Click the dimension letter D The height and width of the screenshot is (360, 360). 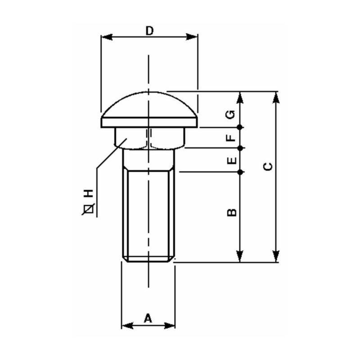tap(149, 31)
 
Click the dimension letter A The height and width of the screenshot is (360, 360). tap(148, 318)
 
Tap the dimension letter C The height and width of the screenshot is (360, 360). tap(268, 166)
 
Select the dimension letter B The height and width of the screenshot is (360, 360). tap(231, 212)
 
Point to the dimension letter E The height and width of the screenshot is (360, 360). tap(231, 160)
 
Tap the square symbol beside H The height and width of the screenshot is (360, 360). tap(89, 208)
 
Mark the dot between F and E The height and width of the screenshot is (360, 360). tap(241, 148)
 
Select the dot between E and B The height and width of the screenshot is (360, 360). tap(241, 172)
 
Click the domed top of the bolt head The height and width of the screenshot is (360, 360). tap(148, 103)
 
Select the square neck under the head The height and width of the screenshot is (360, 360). tap(148, 137)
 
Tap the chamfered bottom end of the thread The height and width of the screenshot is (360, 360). tap(148, 259)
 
